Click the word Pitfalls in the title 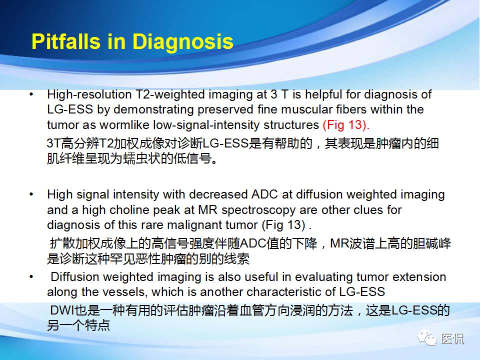point(64,42)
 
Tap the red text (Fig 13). point(346,124)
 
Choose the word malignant point(205,224)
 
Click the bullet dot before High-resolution point(32,94)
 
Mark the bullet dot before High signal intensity point(32,194)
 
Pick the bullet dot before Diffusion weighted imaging point(32,277)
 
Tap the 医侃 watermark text point(452,338)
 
